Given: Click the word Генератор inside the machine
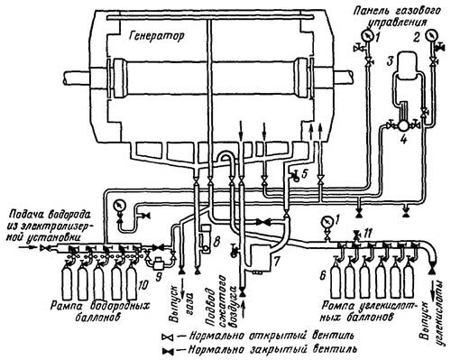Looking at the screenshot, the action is (x=156, y=36).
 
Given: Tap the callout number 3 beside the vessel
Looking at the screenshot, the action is (x=390, y=62).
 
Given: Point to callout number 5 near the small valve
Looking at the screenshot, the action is (x=305, y=174).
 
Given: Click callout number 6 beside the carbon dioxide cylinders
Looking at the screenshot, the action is (x=322, y=275).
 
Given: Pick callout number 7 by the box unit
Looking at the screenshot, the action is (x=277, y=262).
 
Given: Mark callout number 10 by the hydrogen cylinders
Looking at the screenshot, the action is (x=143, y=284).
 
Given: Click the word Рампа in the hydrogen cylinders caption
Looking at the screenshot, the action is (x=67, y=306).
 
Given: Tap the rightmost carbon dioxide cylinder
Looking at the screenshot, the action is (x=409, y=279).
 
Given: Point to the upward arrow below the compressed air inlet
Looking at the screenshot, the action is (x=244, y=309).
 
